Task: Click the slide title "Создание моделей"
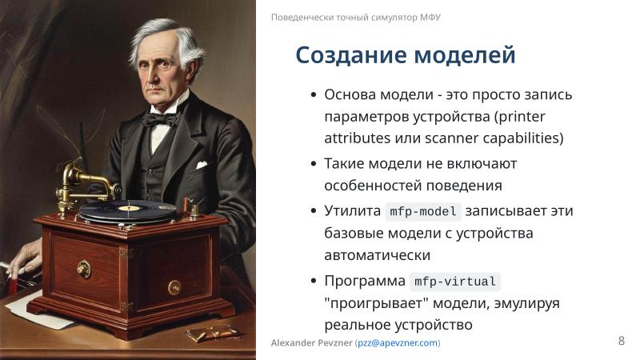tap(405, 55)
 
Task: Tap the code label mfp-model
tap(423, 212)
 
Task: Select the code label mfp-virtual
tap(455, 282)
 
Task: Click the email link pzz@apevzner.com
tap(398, 343)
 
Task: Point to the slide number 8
tap(622, 341)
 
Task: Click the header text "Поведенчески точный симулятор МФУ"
tap(356, 17)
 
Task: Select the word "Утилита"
tap(353, 211)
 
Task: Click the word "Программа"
tap(365, 281)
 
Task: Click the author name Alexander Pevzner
tap(312, 343)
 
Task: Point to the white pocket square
tap(201, 165)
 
